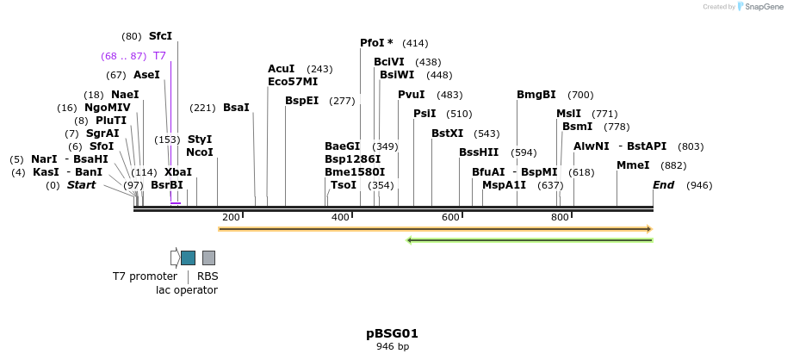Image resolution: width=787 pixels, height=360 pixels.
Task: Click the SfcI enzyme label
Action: [x=160, y=36]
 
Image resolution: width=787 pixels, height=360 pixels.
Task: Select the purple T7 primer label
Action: [x=159, y=56]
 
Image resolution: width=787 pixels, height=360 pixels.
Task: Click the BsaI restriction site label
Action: [x=236, y=108]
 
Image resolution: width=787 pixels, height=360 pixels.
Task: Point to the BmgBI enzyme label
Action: [x=536, y=95]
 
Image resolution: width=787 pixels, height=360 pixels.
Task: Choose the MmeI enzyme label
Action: [x=633, y=165]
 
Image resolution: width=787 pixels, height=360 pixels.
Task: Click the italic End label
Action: [x=663, y=185]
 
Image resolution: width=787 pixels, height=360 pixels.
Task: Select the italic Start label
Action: [x=81, y=185]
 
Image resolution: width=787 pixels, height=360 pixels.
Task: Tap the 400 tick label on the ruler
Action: [x=340, y=217]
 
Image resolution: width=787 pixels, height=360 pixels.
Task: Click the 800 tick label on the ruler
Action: [x=560, y=217]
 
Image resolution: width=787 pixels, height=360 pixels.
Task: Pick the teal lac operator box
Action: [x=188, y=258]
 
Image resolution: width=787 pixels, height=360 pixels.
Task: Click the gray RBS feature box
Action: [x=208, y=258]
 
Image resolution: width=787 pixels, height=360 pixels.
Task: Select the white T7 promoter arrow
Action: [x=175, y=258]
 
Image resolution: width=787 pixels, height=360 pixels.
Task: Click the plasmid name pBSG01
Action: [x=392, y=333]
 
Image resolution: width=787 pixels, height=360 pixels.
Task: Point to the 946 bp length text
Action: [x=392, y=347]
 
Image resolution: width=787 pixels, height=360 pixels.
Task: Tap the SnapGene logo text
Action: [x=761, y=7]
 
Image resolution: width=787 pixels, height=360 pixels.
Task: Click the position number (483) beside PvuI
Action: [x=449, y=95]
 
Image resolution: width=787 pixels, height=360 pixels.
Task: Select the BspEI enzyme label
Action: [x=301, y=101]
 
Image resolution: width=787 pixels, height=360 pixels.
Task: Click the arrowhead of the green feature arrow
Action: [x=410, y=239]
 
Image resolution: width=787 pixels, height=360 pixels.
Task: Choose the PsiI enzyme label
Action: [x=424, y=114]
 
